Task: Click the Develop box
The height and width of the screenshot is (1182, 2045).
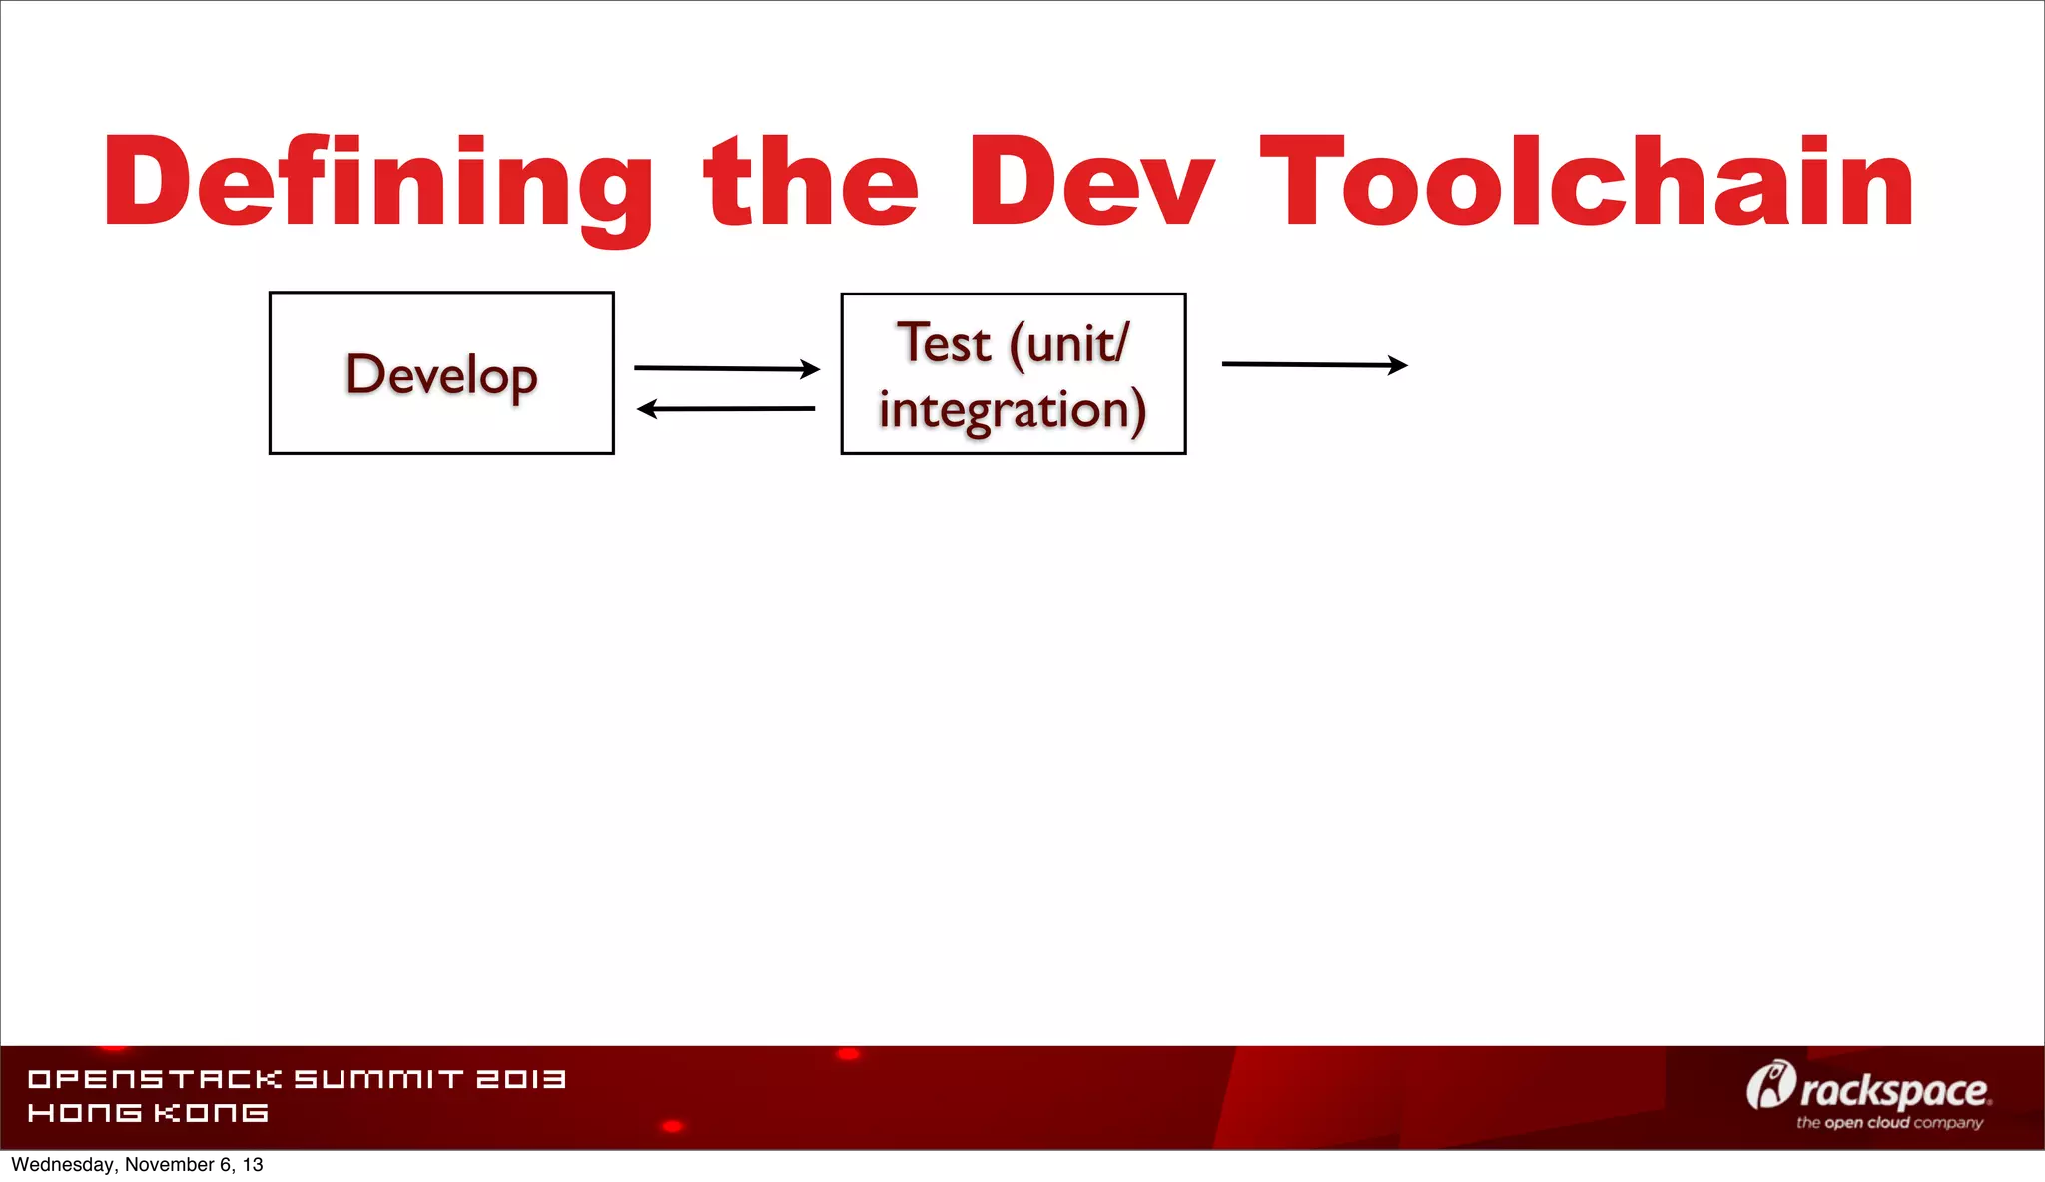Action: pos(441,373)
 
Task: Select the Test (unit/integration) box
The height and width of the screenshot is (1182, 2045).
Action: pos(1014,374)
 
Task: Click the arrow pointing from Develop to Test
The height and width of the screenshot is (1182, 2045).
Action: pos(726,368)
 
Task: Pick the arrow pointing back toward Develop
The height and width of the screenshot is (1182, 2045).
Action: pos(726,408)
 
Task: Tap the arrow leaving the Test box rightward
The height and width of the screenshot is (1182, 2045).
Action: pos(1314,365)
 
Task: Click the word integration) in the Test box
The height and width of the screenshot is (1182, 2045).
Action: pos(1013,410)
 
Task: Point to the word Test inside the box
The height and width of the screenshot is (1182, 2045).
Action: pos(944,343)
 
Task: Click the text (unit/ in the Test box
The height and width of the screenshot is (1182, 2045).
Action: pos(1069,345)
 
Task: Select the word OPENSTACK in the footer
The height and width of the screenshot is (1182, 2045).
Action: pos(155,1079)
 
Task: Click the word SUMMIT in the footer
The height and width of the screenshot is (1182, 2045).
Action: pos(379,1079)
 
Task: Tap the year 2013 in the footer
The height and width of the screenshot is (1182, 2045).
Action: pos(520,1079)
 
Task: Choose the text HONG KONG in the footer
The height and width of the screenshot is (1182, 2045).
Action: pos(148,1113)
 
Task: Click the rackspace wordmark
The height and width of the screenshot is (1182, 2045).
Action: pos(1894,1091)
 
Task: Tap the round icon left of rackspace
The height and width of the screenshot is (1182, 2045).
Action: pos(1770,1085)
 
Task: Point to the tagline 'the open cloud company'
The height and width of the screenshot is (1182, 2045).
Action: pos(1889,1123)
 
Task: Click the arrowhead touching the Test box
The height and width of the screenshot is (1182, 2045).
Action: pos(811,369)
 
